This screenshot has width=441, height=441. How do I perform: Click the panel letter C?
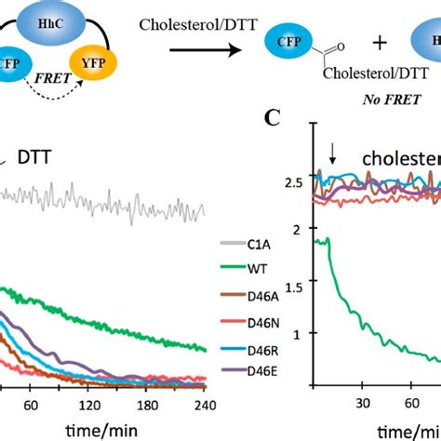point(273,118)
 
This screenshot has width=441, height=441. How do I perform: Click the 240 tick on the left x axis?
point(205,405)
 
